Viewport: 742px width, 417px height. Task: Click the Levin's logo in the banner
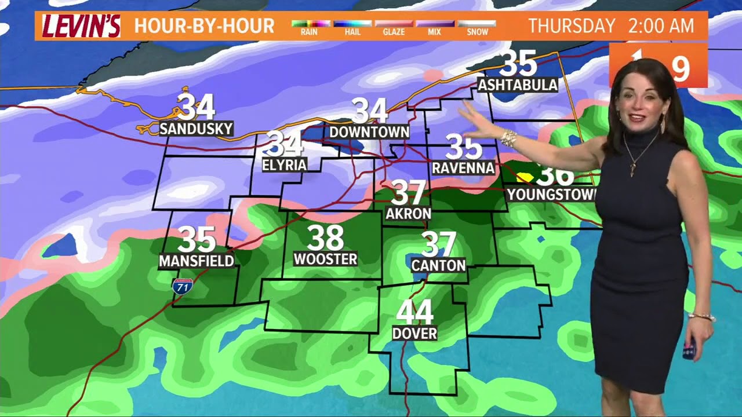[81, 26]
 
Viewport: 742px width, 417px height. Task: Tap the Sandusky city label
[196, 129]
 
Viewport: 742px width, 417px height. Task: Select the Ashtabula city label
[518, 85]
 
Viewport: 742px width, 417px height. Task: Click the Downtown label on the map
[369, 132]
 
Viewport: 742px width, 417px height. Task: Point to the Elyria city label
[284, 165]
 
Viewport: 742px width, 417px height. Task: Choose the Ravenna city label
[463, 168]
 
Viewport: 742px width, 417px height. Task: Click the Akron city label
[408, 213]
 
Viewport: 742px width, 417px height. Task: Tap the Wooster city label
[325, 259]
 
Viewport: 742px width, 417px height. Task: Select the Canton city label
[438, 265]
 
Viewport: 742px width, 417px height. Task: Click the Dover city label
[414, 334]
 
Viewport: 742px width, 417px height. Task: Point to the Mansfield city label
[197, 261]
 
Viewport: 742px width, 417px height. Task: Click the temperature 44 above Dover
[414, 313]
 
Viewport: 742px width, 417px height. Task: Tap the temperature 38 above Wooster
[325, 237]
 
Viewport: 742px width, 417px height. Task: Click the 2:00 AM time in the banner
[661, 26]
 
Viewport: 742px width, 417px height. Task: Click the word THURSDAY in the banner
[572, 26]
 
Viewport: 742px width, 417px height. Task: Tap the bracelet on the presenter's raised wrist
[508, 138]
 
